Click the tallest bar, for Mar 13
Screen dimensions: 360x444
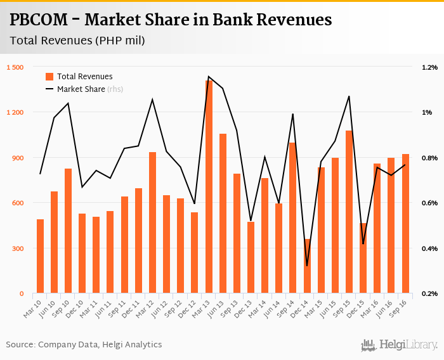(209, 187)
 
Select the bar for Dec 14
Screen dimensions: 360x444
(307, 266)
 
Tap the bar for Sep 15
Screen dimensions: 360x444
(349, 212)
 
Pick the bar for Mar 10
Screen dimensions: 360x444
(40, 256)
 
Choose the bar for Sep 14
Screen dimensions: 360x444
(293, 218)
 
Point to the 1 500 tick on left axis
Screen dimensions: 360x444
(15, 67)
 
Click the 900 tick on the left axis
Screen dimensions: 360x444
(17, 158)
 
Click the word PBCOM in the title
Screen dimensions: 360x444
(39, 20)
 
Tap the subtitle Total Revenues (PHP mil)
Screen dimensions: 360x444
(77, 41)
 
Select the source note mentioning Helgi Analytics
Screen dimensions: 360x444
(84, 345)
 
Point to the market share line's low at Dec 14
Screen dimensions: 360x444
(307, 266)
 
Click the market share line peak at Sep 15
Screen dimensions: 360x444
(349, 96)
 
